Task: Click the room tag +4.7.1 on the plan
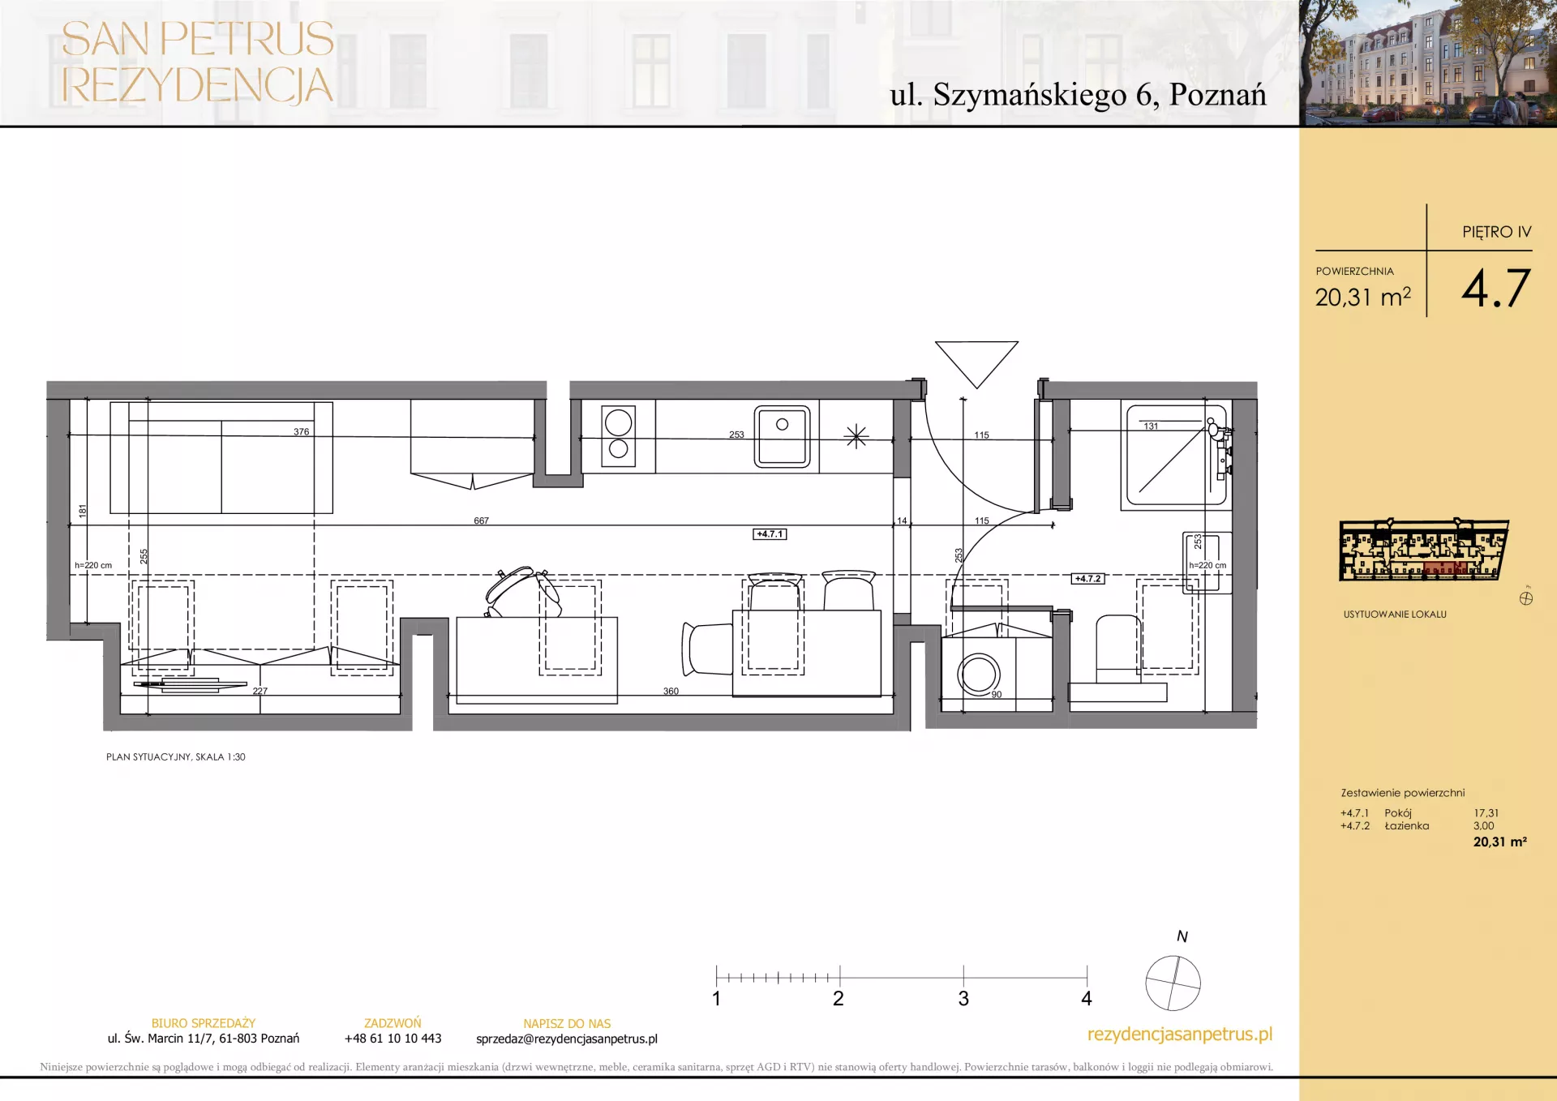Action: point(770,534)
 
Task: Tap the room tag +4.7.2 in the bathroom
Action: point(1087,579)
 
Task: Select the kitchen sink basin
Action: point(782,436)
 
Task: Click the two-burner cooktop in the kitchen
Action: point(618,436)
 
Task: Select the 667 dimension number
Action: point(481,521)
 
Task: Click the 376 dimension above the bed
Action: point(301,431)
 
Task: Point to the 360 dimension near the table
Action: point(671,691)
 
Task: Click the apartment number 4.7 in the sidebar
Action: point(1495,289)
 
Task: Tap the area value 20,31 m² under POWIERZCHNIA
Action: point(1363,298)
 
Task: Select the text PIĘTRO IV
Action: point(1497,232)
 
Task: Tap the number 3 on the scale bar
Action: point(963,999)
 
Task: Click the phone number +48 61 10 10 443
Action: point(392,1039)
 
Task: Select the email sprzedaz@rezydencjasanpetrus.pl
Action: point(567,1039)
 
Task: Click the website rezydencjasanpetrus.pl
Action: point(1180,1035)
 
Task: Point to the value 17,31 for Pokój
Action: point(1486,813)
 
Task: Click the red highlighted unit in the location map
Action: point(1444,568)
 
